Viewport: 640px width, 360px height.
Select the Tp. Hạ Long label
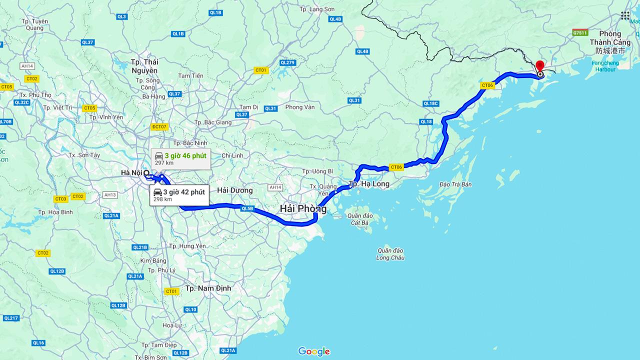tap(368, 184)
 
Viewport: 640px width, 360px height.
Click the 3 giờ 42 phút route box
tap(179, 195)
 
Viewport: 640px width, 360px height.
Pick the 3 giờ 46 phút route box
tap(180, 159)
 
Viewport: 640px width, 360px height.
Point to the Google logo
tap(314, 351)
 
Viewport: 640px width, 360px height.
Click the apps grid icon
tap(625, 15)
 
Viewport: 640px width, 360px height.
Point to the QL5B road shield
tap(247, 208)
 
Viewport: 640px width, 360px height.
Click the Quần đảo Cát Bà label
tap(360, 219)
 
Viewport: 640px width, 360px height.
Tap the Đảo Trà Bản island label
tap(455, 184)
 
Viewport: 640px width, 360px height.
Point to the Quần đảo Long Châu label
tap(390, 254)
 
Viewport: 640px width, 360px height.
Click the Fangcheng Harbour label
tap(605, 66)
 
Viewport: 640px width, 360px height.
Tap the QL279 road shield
tap(287, 62)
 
